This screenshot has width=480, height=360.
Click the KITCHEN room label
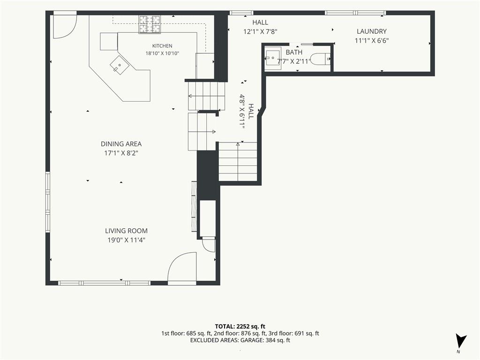[x=162, y=46]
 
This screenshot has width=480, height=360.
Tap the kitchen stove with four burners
[x=150, y=24]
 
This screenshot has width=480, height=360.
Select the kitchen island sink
[x=120, y=65]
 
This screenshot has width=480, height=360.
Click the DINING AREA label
[x=121, y=144]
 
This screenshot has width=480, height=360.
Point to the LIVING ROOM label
[x=127, y=231]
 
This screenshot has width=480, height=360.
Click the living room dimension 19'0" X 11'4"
[x=126, y=240]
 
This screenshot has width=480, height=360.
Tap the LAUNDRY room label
[x=372, y=31]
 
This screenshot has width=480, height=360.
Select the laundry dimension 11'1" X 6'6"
[x=372, y=40]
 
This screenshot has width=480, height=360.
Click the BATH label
[x=294, y=52]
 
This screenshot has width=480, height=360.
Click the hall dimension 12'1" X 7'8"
[x=260, y=31]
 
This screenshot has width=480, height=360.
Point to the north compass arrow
[x=460, y=341]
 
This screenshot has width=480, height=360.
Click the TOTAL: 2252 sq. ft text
[x=240, y=326]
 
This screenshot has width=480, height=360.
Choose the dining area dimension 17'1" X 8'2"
[x=121, y=153]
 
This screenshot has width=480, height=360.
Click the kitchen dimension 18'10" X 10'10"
[x=162, y=53]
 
